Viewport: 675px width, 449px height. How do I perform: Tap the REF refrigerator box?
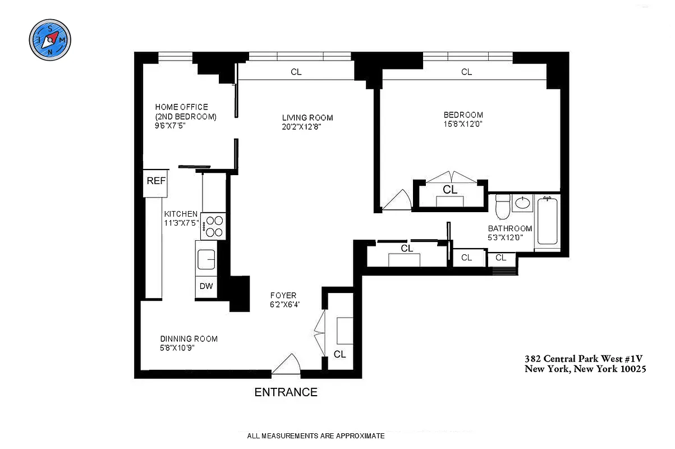156,182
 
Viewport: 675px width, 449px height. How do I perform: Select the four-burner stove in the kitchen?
213,227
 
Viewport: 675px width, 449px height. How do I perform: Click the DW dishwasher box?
206,286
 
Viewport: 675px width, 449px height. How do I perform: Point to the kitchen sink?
206,260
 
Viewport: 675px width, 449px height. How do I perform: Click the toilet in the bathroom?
503,207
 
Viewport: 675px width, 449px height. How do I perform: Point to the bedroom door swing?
397,200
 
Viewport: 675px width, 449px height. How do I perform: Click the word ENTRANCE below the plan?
286,392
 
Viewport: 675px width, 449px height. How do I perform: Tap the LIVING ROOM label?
307,117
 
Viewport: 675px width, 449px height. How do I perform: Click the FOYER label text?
283,296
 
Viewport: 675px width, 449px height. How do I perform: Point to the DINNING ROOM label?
189,339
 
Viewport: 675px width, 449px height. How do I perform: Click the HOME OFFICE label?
181,107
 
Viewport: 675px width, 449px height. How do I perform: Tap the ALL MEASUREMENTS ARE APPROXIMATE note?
315,436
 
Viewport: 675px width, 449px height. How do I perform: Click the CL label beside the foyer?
339,354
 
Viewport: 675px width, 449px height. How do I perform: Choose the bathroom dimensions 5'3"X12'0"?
509,237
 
